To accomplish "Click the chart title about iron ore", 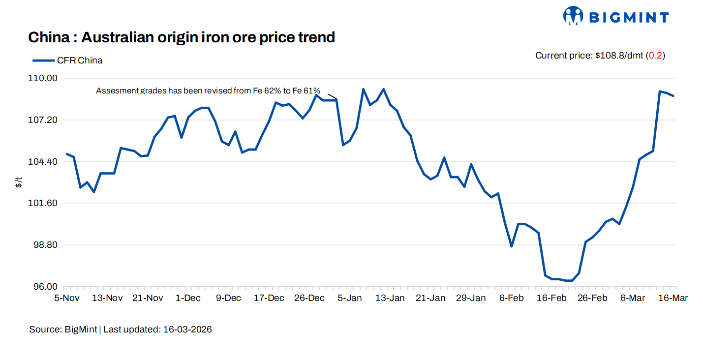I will (182, 37).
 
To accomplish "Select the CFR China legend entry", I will (68, 60).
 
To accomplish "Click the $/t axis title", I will (19, 183).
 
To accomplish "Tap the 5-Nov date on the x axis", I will (67, 298).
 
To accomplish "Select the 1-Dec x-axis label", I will (188, 298).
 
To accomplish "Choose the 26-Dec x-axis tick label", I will (309, 298).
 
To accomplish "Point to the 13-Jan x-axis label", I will (390, 298).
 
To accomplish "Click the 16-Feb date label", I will (551, 298).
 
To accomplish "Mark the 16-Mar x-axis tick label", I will (673, 298).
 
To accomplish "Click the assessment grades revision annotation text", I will (208, 90).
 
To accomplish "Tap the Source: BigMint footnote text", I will (121, 330).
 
